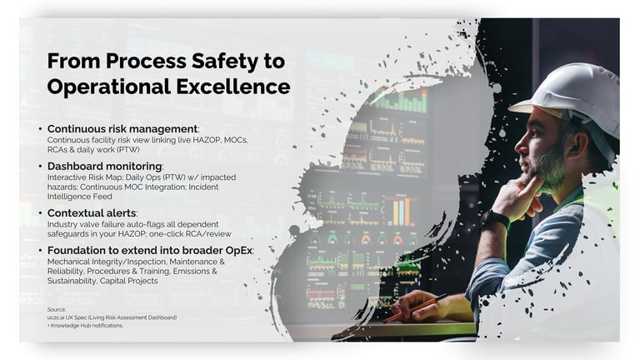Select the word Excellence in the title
233,87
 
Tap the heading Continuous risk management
122,129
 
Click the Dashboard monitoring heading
104,167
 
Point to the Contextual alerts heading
92,213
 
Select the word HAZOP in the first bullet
207,140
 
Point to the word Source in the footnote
57,310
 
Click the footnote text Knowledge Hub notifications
87,326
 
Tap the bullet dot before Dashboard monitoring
40,167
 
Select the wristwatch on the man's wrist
496,220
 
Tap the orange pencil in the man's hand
414,307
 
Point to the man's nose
520,143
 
